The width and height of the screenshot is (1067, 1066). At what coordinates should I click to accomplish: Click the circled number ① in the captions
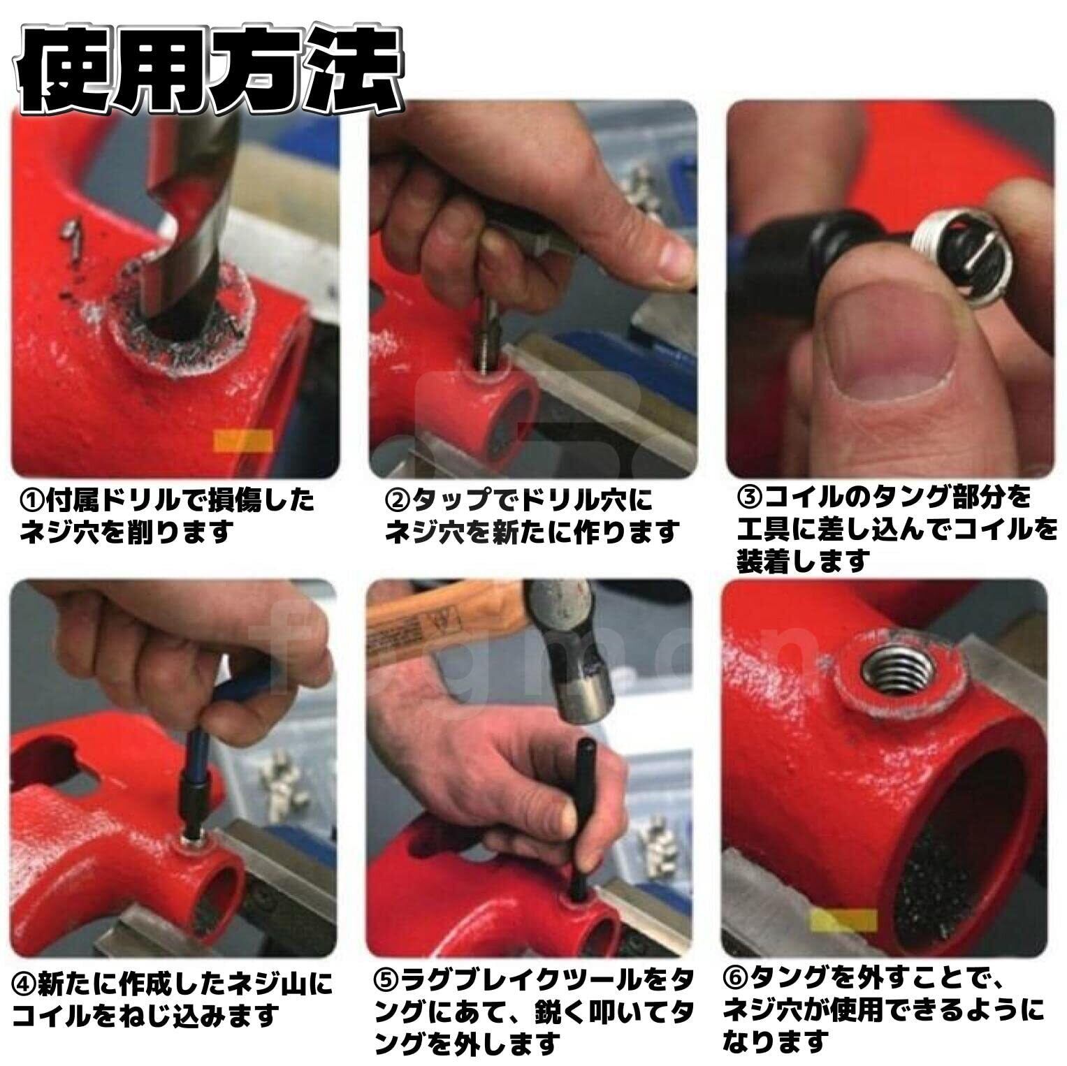[x=31, y=500]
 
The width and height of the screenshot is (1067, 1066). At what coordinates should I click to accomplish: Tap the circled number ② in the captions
[x=398, y=500]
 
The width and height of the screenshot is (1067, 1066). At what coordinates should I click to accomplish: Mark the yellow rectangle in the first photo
[x=242, y=441]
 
